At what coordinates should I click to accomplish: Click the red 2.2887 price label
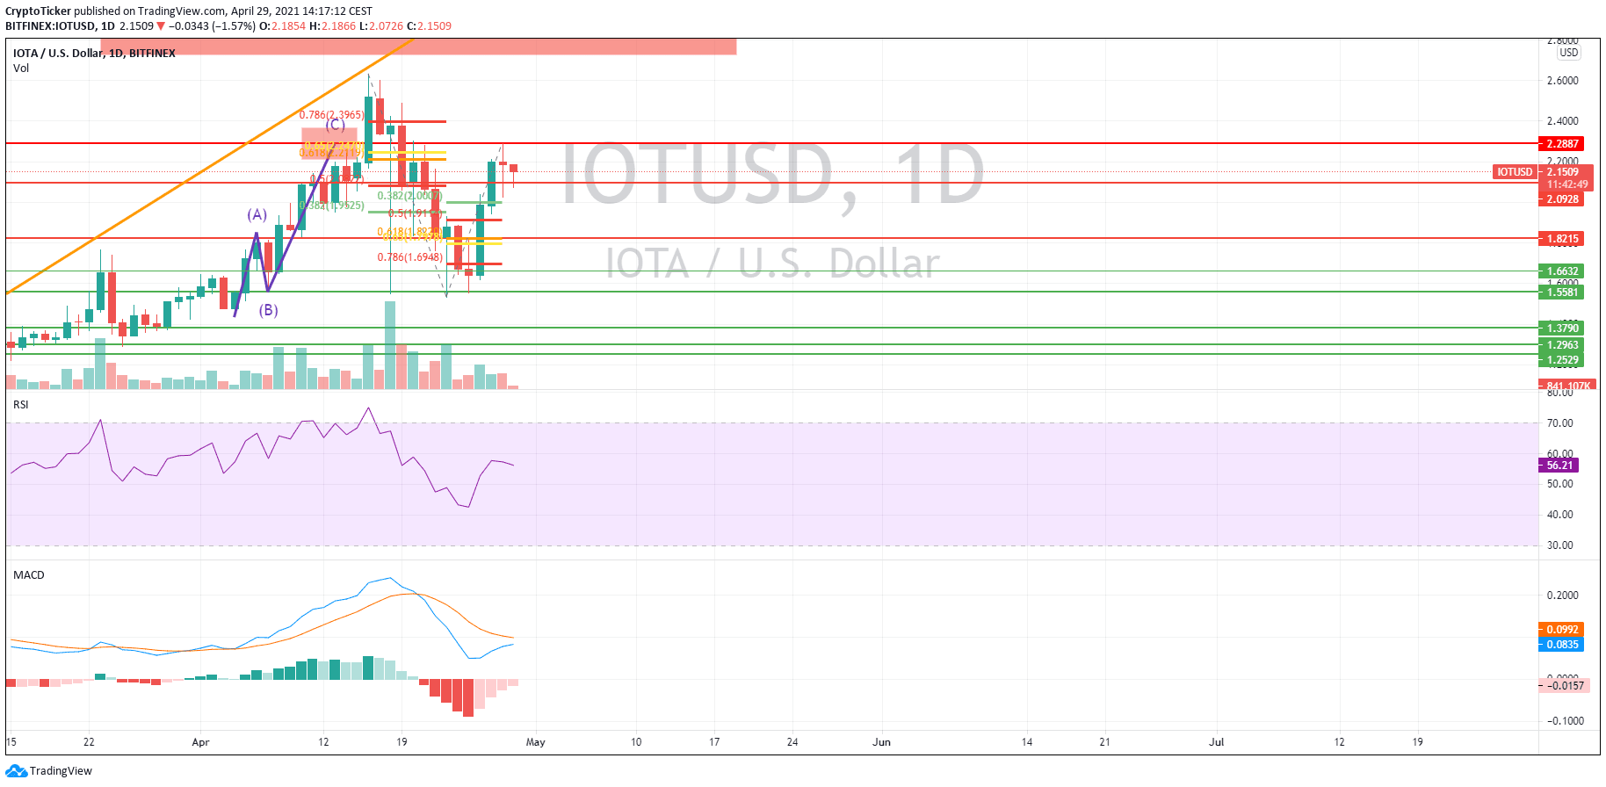[x=1561, y=143]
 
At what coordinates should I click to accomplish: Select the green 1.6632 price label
[x=1561, y=271]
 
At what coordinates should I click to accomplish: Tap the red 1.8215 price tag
[x=1561, y=239]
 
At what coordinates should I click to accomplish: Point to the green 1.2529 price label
[x=1561, y=359]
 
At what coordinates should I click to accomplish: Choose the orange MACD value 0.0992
[x=1561, y=630]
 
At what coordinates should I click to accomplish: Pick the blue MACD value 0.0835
[x=1561, y=645]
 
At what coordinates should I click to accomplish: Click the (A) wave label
[x=257, y=214]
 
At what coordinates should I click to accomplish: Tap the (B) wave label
[x=268, y=310]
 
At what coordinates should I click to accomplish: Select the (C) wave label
[x=335, y=125]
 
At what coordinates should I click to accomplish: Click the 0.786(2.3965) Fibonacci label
[x=331, y=115]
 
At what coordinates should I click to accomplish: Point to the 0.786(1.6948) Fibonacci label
[x=409, y=257]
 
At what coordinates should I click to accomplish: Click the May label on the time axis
[x=535, y=742]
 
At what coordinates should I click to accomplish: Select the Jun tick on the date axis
[x=881, y=742]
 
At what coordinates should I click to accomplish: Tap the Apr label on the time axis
[x=200, y=742]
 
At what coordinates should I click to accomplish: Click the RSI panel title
[x=21, y=405]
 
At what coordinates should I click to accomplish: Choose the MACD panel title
[x=29, y=575]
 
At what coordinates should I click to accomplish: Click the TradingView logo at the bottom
[x=49, y=771]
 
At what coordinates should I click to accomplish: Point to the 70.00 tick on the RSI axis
[x=1559, y=423]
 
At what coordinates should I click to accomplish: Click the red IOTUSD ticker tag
[x=1514, y=172]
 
